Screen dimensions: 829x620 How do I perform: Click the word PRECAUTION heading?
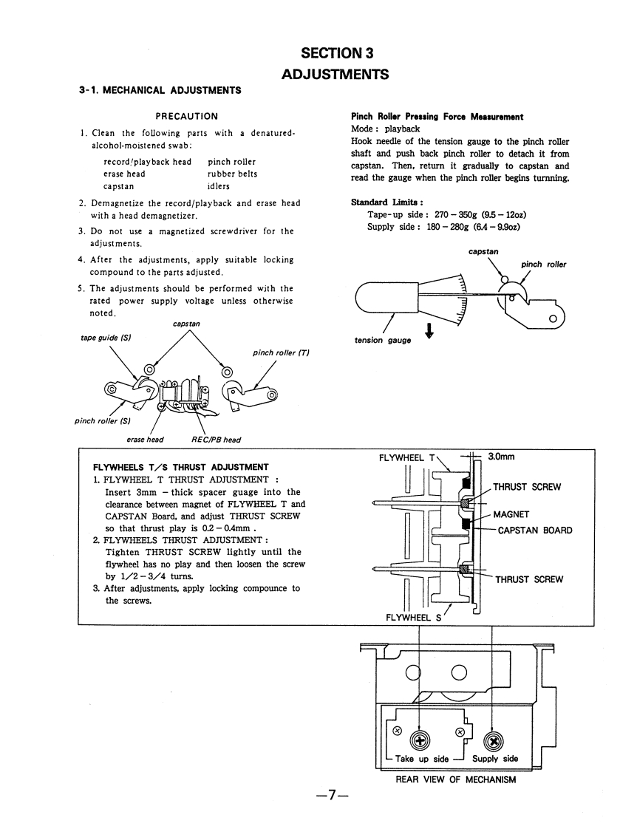(x=186, y=116)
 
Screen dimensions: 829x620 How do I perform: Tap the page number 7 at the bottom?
(x=332, y=796)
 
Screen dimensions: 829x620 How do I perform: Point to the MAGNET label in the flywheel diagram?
(x=511, y=514)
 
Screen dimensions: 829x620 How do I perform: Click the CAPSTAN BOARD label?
(x=535, y=530)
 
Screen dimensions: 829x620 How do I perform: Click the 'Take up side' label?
(x=422, y=758)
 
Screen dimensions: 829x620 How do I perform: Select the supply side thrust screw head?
(x=492, y=740)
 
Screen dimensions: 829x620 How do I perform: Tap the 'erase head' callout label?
(x=146, y=439)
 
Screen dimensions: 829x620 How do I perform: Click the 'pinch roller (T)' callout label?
(x=281, y=353)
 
